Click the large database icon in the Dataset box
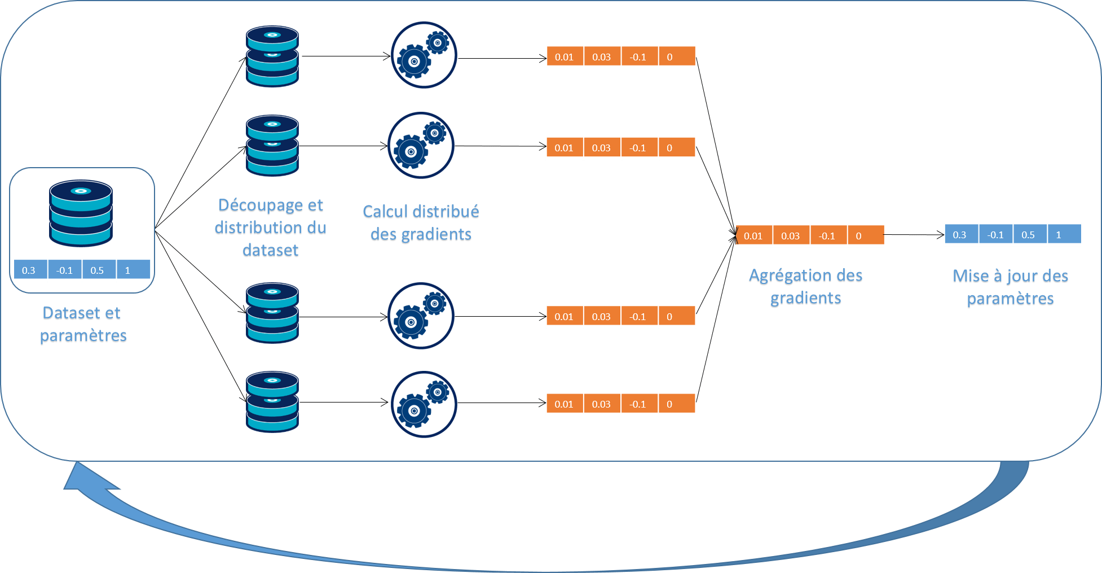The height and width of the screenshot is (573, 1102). point(81,213)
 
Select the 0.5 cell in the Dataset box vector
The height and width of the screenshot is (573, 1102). point(98,270)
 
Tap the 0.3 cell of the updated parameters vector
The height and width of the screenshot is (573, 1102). point(960,235)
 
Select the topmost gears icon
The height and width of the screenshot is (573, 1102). point(424,55)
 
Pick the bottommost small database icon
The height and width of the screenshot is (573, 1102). point(272,402)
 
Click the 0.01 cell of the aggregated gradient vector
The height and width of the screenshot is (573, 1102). point(753,235)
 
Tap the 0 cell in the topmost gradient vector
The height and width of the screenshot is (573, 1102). point(676,57)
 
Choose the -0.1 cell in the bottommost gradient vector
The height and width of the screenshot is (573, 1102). point(638,404)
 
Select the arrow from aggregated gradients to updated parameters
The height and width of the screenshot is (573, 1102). point(914,235)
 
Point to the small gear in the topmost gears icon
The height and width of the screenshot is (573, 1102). point(438,42)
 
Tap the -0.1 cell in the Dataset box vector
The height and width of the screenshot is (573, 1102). point(65,270)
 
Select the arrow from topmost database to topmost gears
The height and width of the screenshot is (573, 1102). point(345,56)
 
